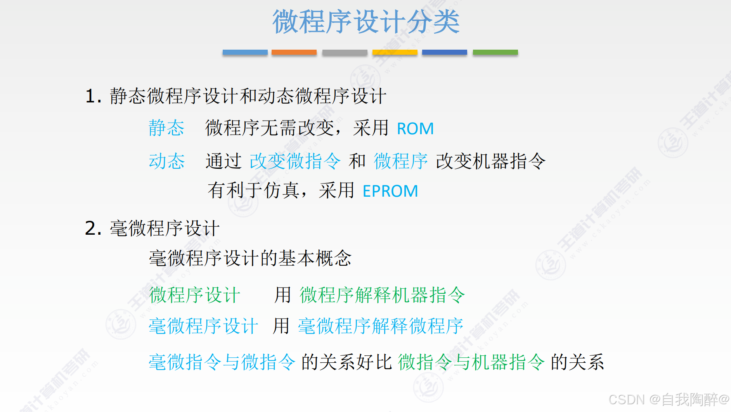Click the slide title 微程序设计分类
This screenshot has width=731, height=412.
(x=366, y=22)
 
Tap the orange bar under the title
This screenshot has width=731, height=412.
(x=294, y=52)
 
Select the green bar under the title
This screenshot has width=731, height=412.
(x=495, y=52)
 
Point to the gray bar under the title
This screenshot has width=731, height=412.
(x=345, y=52)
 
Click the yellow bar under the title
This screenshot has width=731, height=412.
(x=395, y=52)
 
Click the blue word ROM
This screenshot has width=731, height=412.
(x=415, y=129)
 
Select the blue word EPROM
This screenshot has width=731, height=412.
(x=390, y=191)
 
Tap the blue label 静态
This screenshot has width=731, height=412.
(x=166, y=128)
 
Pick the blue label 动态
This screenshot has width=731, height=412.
(x=166, y=161)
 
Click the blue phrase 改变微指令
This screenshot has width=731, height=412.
(x=295, y=161)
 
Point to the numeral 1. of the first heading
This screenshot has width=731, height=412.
(x=93, y=96)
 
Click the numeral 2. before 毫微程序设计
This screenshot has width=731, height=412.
(x=93, y=228)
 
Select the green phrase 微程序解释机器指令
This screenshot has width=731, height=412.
(x=382, y=295)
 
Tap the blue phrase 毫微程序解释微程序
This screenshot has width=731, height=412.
(x=381, y=326)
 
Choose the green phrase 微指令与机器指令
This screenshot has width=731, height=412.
(x=471, y=362)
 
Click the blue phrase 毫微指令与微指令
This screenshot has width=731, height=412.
(x=222, y=362)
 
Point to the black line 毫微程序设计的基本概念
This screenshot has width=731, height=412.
(x=250, y=258)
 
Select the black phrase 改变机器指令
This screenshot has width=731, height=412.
(x=491, y=161)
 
